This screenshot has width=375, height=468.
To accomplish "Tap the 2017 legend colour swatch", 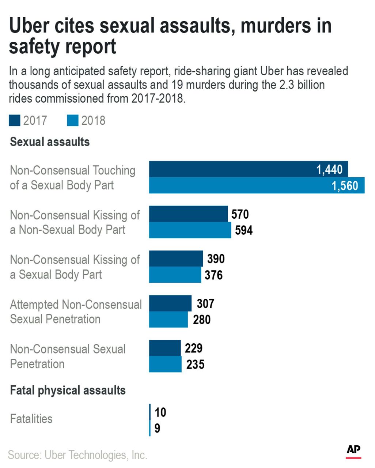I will pyautogui.click(x=15, y=121).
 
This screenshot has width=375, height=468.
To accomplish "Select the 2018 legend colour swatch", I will pyautogui.click(x=73, y=121).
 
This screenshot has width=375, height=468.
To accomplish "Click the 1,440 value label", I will pyautogui.click(x=329, y=170).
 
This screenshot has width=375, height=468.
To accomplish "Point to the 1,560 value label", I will pyautogui.click(x=345, y=186).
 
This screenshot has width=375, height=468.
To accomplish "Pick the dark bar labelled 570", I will pyautogui.click(x=188, y=214).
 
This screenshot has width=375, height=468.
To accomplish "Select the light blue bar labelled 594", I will pyautogui.click(x=190, y=230).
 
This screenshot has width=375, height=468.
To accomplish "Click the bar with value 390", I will pyautogui.click(x=176, y=258).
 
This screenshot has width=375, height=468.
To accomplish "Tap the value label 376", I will pyautogui.click(x=213, y=275).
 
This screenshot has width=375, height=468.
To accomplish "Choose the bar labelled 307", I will pyautogui.click(x=170, y=303).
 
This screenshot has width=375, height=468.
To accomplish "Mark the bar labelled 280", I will pyautogui.click(x=168, y=319).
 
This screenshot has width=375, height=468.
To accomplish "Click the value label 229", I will pyautogui.click(x=193, y=348).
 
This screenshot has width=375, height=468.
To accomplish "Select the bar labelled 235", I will pyautogui.click(x=165, y=364).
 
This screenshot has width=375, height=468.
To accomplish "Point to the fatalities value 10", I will pyautogui.click(x=160, y=412).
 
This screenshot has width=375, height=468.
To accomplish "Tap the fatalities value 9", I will pyautogui.click(x=157, y=428).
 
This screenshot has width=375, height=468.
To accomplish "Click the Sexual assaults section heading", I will pyautogui.click(x=50, y=142).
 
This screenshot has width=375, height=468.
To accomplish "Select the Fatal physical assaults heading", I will pyautogui.click(x=68, y=390).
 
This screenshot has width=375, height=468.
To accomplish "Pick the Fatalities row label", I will pyautogui.click(x=31, y=419).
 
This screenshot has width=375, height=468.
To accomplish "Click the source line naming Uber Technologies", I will pyautogui.click(x=77, y=455).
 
